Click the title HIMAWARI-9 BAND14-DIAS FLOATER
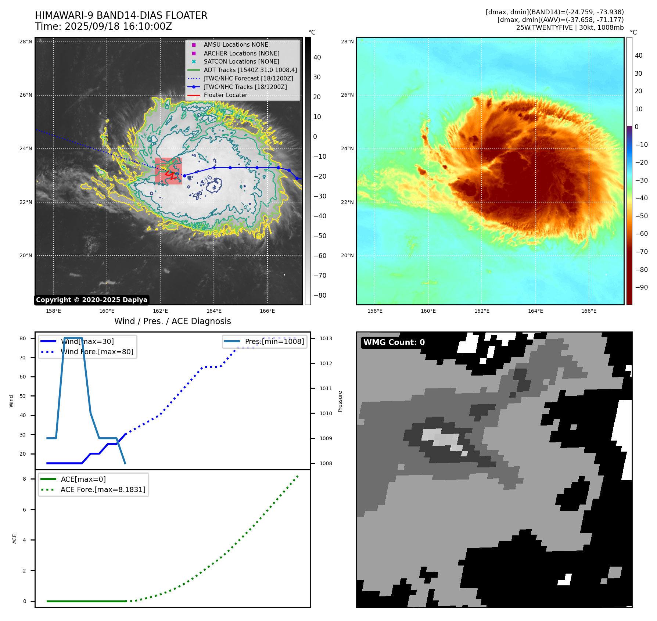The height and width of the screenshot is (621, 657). click(121, 15)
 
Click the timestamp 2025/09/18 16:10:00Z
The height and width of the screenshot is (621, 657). click(118, 26)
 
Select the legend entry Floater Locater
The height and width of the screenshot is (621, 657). click(225, 95)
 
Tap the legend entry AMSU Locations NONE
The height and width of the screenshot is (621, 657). click(236, 44)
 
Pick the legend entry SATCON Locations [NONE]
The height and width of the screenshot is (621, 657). click(241, 61)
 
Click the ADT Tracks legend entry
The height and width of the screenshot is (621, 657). click(250, 70)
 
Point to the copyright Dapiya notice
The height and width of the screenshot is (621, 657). click(91, 300)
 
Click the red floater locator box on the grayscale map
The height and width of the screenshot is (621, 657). click(168, 171)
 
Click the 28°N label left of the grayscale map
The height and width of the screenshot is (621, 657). click(26, 42)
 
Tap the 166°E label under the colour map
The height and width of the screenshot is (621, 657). click(589, 311)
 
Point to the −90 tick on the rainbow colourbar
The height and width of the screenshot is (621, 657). click(641, 287)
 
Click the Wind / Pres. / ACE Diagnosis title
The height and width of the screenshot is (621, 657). click(172, 321)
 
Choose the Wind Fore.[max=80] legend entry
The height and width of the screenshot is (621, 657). click(97, 352)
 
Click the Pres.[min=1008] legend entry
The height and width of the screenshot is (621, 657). click(274, 341)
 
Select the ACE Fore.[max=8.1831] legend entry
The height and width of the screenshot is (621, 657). click(103, 489)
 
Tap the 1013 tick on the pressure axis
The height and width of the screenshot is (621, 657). click(326, 338)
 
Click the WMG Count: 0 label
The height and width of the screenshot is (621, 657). click(394, 342)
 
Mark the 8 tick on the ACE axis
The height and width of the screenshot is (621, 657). click(24, 479)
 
